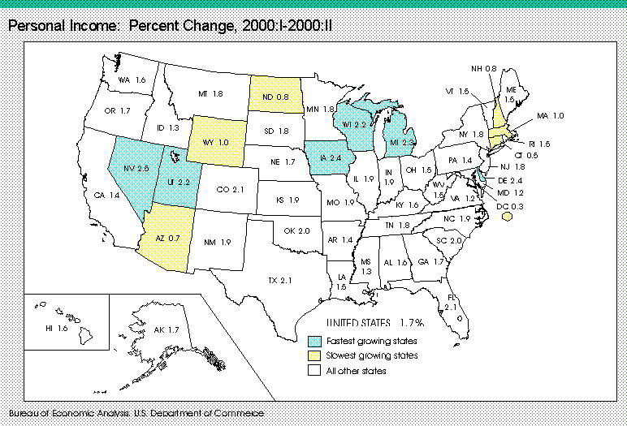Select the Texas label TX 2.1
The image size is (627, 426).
pos(280,280)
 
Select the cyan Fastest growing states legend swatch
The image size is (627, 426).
pos(315,341)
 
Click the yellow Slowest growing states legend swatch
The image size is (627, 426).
pos(315,355)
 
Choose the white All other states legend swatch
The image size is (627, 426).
pos(315,370)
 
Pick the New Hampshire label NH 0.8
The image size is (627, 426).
pos(485,68)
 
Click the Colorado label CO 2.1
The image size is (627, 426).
pos(228,190)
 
